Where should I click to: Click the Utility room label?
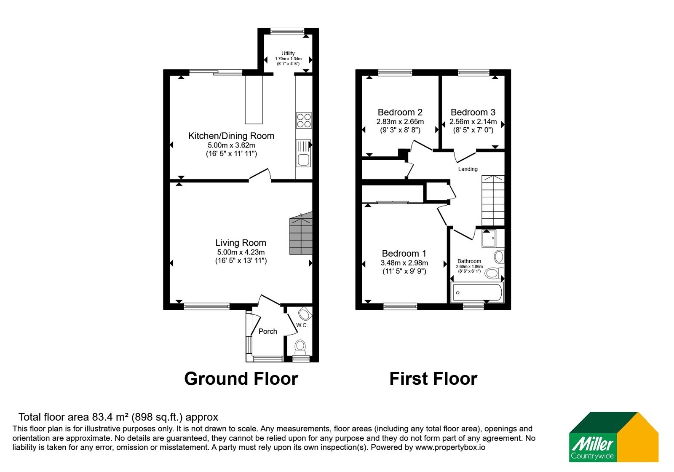tap(288, 53)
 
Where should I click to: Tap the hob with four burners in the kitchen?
tap(304, 121)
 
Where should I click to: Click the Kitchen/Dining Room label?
tap(231, 136)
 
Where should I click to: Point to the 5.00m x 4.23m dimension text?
tap(241, 252)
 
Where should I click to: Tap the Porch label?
tap(268, 331)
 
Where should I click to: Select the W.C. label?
tap(302, 325)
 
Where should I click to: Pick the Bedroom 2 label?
tap(400, 112)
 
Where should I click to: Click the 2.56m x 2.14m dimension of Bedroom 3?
tap(473, 122)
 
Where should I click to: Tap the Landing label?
tap(468, 169)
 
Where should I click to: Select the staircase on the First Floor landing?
tap(493, 200)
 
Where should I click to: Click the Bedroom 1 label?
tap(404, 253)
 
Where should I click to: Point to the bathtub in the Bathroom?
tap(476, 292)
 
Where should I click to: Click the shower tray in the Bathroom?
tap(489, 239)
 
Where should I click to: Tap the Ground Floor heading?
tap(241, 379)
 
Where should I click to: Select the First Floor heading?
tap(433, 379)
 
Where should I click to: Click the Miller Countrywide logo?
tap(613, 437)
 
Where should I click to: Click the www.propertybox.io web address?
tap(450, 447)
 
